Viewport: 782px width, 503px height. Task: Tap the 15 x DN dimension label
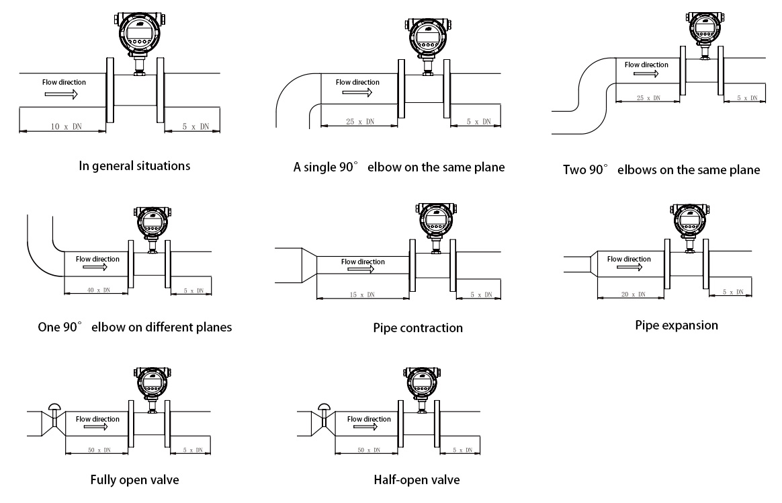coord(362,295)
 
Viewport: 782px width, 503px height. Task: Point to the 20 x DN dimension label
coord(632,294)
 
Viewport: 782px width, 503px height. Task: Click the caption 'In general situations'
coord(134,165)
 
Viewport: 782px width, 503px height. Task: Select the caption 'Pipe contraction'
coord(418,328)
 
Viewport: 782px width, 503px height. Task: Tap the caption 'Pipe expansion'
coord(677,325)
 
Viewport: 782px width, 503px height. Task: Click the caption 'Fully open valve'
coord(134,480)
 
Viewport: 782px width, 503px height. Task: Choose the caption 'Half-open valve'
coord(417,480)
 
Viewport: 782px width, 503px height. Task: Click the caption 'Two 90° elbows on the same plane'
coord(661,169)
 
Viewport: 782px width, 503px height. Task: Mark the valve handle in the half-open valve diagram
coord(324,405)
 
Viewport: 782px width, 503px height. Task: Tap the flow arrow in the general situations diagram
coord(62,95)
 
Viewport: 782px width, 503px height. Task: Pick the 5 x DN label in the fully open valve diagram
coord(191,449)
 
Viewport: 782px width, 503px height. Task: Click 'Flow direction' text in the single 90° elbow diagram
coord(357,82)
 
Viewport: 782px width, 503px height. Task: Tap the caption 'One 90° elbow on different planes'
coord(135,327)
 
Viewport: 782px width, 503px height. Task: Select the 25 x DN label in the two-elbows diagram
coord(648,98)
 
